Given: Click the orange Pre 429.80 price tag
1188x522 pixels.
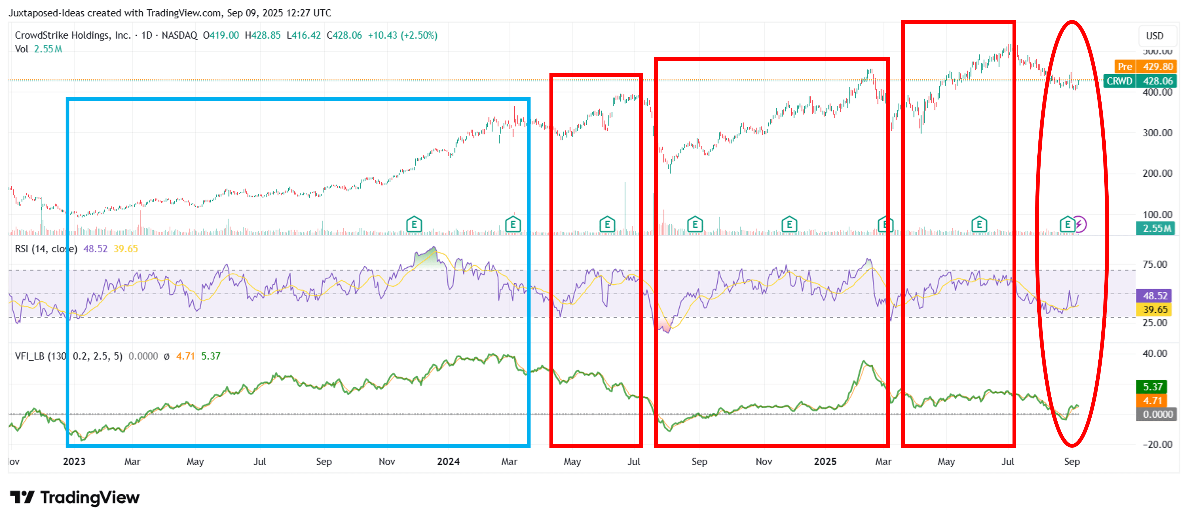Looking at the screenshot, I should pyautogui.click(x=1145, y=66).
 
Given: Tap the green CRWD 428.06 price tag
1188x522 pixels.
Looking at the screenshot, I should pyautogui.click(x=1139, y=81).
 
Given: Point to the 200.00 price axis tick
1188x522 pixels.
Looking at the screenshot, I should pyautogui.click(x=1157, y=173).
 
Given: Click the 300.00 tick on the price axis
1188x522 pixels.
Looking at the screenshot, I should pyautogui.click(x=1157, y=133).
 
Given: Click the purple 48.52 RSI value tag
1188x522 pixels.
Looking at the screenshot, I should pyautogui.click(x=1155, y=296).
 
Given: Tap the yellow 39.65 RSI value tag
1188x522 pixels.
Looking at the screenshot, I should pyautogui.click(x=1155, y=309).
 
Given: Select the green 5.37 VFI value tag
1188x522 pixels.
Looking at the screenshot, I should pyautogui.click(x=1152, y=386).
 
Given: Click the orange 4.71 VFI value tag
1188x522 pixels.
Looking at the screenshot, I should pyautogui.click(x=1152, y=400).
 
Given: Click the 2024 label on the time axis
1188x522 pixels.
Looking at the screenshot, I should pyautogui.click(x=448, y=462).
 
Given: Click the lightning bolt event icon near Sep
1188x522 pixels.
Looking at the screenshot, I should pyautogui.click(x=1079, y=225).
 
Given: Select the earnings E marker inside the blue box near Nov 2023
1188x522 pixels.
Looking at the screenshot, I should pyautogui.click(x=414, y=225).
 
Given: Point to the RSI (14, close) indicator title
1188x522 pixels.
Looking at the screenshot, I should pyautogui.click(x=46, y=249).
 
